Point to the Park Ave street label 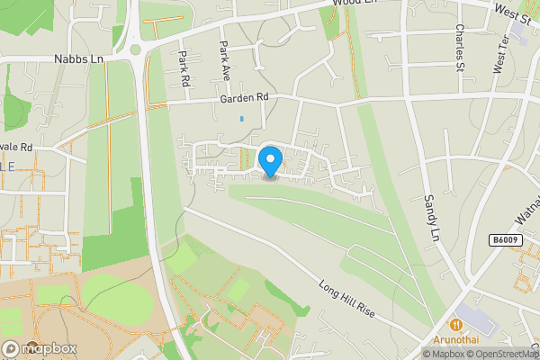(224, 58)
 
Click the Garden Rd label (244, 97)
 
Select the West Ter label (500, 54)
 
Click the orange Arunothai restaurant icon (457, 324)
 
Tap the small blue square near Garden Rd (241, 118)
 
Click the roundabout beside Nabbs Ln (135, 47)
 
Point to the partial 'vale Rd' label (15, 146)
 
